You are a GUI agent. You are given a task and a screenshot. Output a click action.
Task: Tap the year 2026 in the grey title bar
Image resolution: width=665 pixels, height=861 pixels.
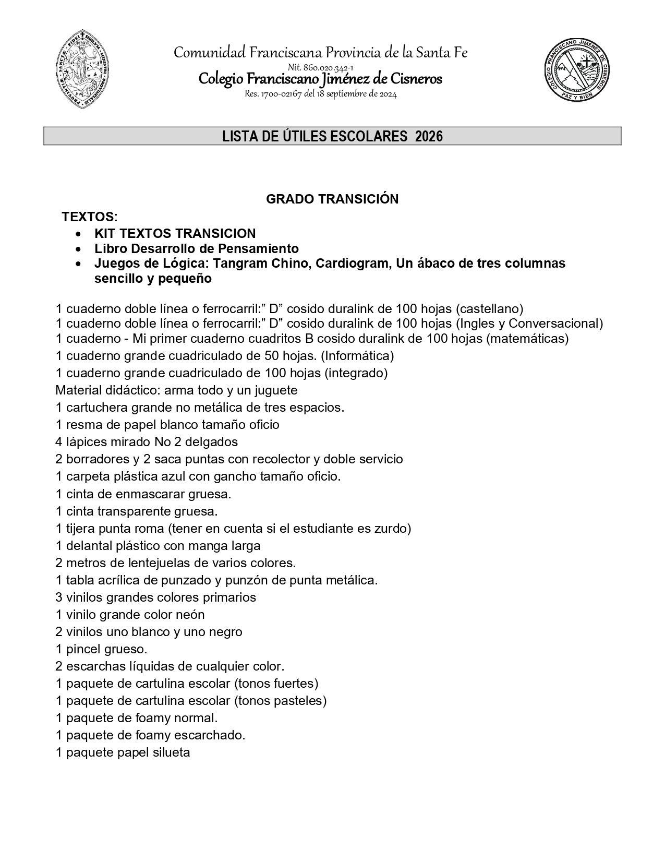point(429,136)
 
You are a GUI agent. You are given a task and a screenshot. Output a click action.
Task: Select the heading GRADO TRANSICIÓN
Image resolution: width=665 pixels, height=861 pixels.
point(332,199)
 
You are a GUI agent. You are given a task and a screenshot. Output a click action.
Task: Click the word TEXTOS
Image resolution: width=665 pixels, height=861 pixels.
point(88,217)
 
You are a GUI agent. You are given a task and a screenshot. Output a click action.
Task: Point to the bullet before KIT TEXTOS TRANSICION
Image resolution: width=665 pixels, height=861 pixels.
point(78,234)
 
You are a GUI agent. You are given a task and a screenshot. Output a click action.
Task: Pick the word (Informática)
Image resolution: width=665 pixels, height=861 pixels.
point(357,356)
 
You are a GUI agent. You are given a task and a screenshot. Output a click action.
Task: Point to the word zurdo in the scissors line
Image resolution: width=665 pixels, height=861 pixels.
point(391,529)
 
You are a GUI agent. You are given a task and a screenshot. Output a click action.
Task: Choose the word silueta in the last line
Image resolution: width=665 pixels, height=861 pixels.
point(171,752)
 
